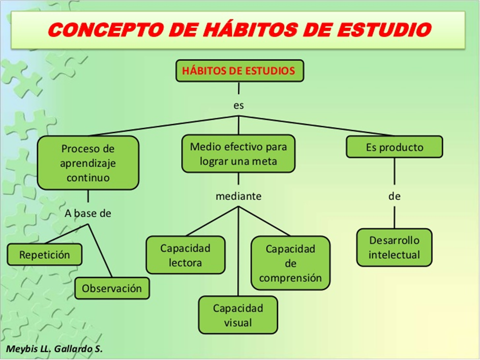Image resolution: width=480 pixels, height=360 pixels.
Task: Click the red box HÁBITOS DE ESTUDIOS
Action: click(239, 71)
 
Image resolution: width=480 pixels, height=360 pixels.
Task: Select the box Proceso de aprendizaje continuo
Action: click(87, 163)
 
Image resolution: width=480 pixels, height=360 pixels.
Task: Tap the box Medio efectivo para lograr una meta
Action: click(238, 154)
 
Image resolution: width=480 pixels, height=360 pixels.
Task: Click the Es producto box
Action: click(394, 147)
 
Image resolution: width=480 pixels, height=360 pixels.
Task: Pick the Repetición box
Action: click(44, 255)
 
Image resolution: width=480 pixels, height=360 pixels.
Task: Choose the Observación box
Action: click(112, 288)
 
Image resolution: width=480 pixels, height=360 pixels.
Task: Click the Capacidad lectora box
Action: click(185, 255)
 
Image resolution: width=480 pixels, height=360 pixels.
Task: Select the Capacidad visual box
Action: click(237, 315)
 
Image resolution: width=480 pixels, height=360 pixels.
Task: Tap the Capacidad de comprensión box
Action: click(290, 263)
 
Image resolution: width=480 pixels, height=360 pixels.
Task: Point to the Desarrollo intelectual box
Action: click(394, 247)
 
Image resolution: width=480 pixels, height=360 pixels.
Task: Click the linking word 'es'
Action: click(238, 105)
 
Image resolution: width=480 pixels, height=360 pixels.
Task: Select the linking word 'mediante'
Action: click(238, 196)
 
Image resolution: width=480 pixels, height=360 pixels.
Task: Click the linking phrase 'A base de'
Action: click(87, 213)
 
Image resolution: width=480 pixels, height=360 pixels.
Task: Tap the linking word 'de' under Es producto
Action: click(394, 196)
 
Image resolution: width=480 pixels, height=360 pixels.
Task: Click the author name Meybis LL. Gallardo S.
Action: click(54, 349)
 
